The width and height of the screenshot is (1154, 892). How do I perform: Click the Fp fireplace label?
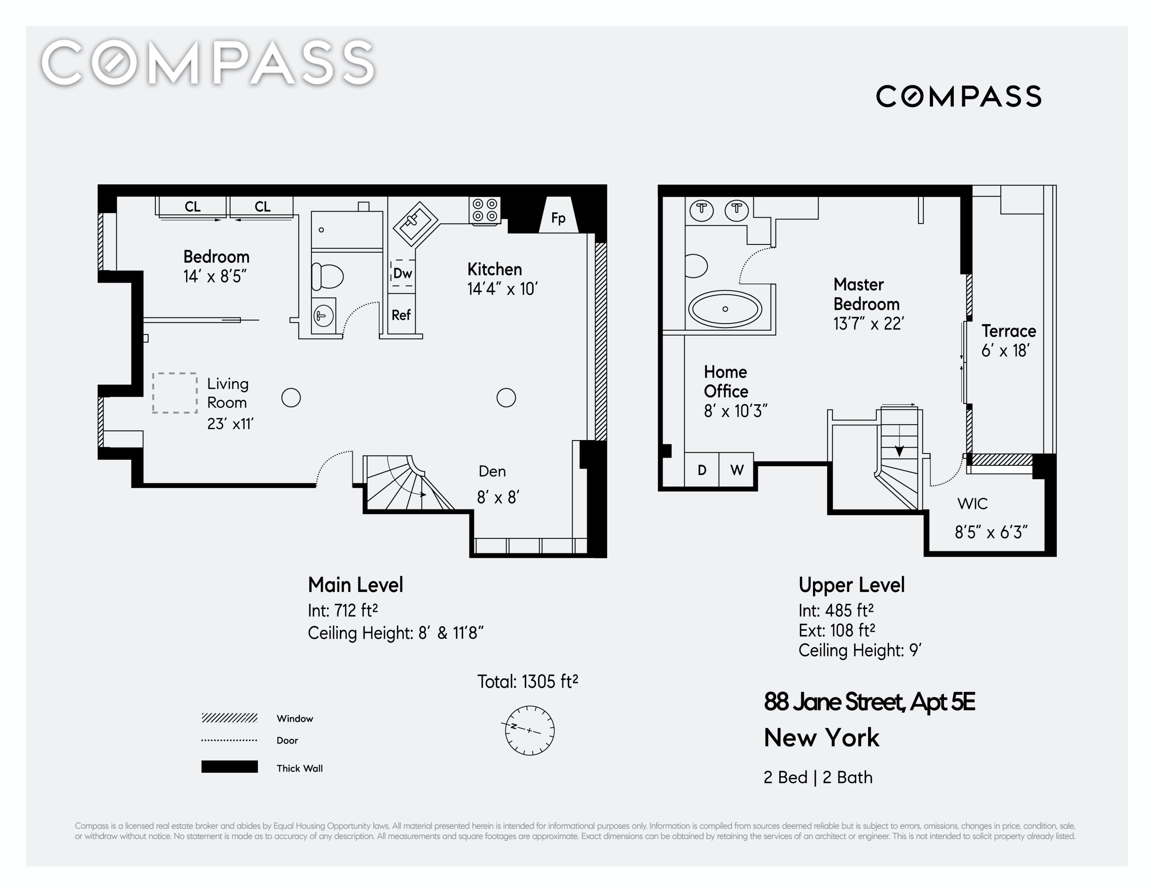coord(558,218)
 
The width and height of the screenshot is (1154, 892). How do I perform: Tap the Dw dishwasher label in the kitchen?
coord(403,273)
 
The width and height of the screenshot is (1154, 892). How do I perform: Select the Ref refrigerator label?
coord(401,315)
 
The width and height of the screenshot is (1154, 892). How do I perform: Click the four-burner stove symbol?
coord(485,211)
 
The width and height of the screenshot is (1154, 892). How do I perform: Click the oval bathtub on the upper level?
coord(725,309)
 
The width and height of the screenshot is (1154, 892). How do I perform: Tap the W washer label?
coord(737,470)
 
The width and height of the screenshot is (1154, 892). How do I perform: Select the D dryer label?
coord(702,470)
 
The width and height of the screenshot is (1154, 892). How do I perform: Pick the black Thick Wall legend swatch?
coord(229,767)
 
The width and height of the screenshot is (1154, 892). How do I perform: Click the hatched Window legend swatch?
coord(229,718)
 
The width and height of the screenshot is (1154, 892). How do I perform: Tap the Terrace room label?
coord(1009,331)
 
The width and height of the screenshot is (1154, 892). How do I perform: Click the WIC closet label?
coord(972,504)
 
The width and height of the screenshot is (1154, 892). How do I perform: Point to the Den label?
coord(492,471)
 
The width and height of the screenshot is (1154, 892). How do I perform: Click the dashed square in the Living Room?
coord(175,393)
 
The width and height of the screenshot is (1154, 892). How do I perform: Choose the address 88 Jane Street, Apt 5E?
coord(869,702)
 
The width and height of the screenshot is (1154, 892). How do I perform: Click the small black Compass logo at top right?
coord(959,96)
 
